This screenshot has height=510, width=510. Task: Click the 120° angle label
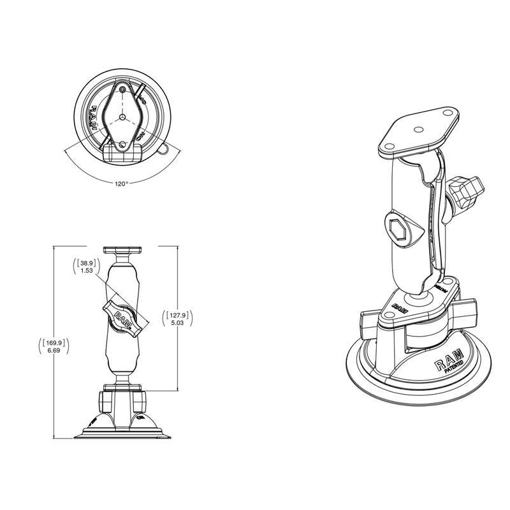122,183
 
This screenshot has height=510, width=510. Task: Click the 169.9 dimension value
54,342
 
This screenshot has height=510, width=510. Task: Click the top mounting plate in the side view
121,249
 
